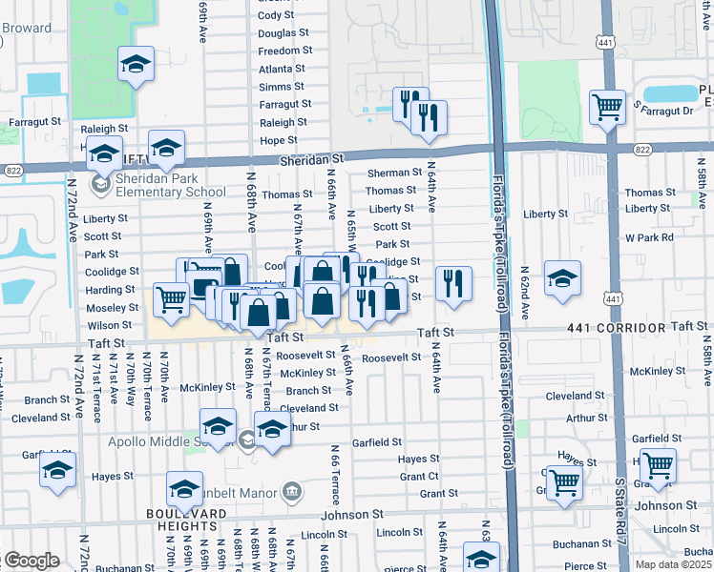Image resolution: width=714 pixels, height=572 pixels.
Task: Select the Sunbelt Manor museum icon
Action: (x=292, y=493)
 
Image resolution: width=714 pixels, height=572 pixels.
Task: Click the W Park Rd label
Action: (x=649, y=236)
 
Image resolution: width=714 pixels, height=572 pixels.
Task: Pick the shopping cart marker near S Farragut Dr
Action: (x=607, y=107)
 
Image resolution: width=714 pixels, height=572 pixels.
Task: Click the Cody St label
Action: (x=276, y=15)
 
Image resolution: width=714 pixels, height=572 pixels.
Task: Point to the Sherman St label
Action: (x=394, y=173)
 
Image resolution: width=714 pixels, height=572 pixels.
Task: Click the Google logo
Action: (x=31, y=561)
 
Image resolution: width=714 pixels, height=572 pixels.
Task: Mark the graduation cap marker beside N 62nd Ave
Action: (x=562, y=278)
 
